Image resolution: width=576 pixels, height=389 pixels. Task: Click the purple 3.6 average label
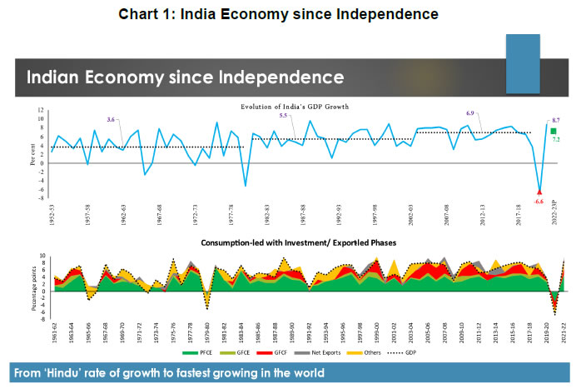[x=110, y=120]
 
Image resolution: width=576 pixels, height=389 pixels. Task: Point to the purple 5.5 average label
[x=283, y=116]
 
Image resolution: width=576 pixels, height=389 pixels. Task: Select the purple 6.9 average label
[x=469, y=112]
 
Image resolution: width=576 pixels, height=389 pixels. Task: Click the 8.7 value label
[x=556, y=121]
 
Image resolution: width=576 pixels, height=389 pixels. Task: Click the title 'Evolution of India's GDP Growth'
[x=295, y=107]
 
